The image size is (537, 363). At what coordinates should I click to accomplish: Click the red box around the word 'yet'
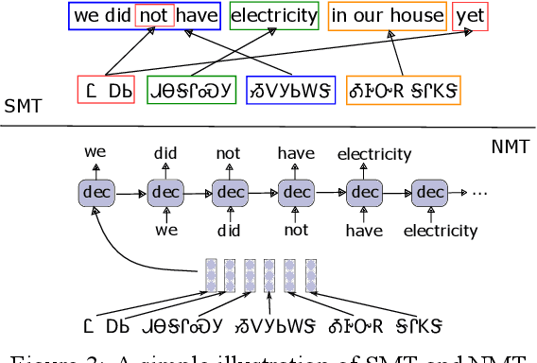(470, 15)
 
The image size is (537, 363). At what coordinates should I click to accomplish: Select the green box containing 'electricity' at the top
(273, 15)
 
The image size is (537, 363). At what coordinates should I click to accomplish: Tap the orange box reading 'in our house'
(387, 15)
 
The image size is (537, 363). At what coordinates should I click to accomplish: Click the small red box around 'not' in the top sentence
(154, 15)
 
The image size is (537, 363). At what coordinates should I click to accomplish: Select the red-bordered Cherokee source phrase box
(106, 90)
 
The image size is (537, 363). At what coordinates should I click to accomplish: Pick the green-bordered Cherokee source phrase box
(191, 90)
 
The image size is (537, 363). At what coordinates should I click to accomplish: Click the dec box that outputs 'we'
(96, 192)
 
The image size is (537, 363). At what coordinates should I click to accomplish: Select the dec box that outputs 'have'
(297, 192)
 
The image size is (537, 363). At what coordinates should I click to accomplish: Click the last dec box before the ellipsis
(430, 192)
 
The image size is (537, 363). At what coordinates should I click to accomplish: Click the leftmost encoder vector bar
(211, 273)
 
